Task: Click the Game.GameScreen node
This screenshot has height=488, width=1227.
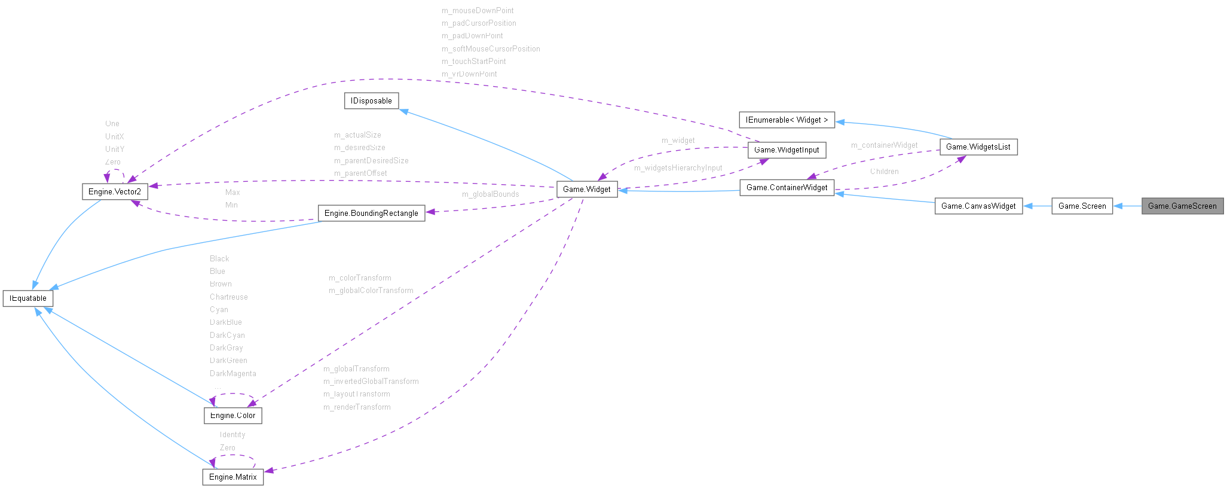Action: (1182, 206)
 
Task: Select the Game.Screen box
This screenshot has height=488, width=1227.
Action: (1082, 206)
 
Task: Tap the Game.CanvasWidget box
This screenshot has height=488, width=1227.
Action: (978, 206)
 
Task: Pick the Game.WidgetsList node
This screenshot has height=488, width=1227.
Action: (978, 147)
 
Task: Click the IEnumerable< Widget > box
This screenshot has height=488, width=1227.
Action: (787, 120)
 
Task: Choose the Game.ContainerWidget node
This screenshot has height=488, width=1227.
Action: (787, 187)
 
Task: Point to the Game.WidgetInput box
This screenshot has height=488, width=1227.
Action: (787, 150)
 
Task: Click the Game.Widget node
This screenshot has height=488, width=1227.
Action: (586, 189)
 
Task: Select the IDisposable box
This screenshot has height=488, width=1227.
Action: (371, 100)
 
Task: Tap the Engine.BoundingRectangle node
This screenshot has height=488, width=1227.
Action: (371, 213)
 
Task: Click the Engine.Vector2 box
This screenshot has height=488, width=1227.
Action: (115, 191)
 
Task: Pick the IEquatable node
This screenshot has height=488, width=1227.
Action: (28, 298)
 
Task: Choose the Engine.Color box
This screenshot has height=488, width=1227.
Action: (232, 415)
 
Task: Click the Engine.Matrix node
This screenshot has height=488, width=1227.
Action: (232, 477)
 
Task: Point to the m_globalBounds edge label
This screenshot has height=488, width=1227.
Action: (490, 194)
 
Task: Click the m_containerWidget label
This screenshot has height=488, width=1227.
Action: (884, 145)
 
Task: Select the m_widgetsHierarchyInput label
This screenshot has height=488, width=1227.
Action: (678, 167)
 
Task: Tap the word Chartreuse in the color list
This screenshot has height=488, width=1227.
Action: (228, 297)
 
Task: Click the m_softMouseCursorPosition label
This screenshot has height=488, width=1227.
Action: (491, 48)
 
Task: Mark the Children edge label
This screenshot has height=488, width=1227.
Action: (884, 171)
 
